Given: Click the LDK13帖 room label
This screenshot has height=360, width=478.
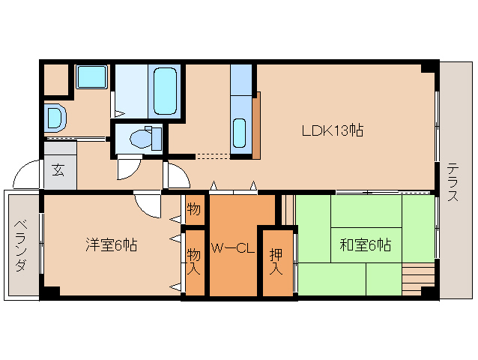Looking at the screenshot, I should coord(333,130).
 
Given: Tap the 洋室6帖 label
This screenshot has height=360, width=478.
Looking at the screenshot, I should coord(110,244).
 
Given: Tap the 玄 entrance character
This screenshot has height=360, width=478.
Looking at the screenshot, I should coord(58,169).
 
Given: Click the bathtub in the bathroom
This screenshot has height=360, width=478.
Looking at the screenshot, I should coord(165,90).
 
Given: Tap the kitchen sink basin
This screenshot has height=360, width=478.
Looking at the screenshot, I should coord(240,133).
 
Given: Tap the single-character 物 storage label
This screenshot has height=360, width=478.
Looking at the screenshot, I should coord(194,208).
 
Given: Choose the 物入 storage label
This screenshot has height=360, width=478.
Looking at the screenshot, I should coord(194,260).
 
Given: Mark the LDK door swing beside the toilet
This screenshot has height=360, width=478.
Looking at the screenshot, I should coord(178,175).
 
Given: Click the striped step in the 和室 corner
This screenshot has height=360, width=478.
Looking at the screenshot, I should coord(417,280).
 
